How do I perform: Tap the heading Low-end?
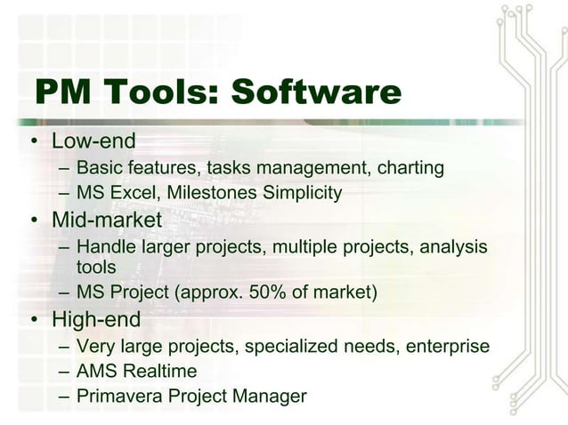[93, 140]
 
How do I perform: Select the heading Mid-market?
[107, 218]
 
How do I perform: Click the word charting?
[410, 167]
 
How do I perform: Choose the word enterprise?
[448, 345]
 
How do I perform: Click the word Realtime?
[159, 371]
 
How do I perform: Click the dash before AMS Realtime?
[64, 371]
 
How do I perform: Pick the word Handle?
[103, 245]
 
